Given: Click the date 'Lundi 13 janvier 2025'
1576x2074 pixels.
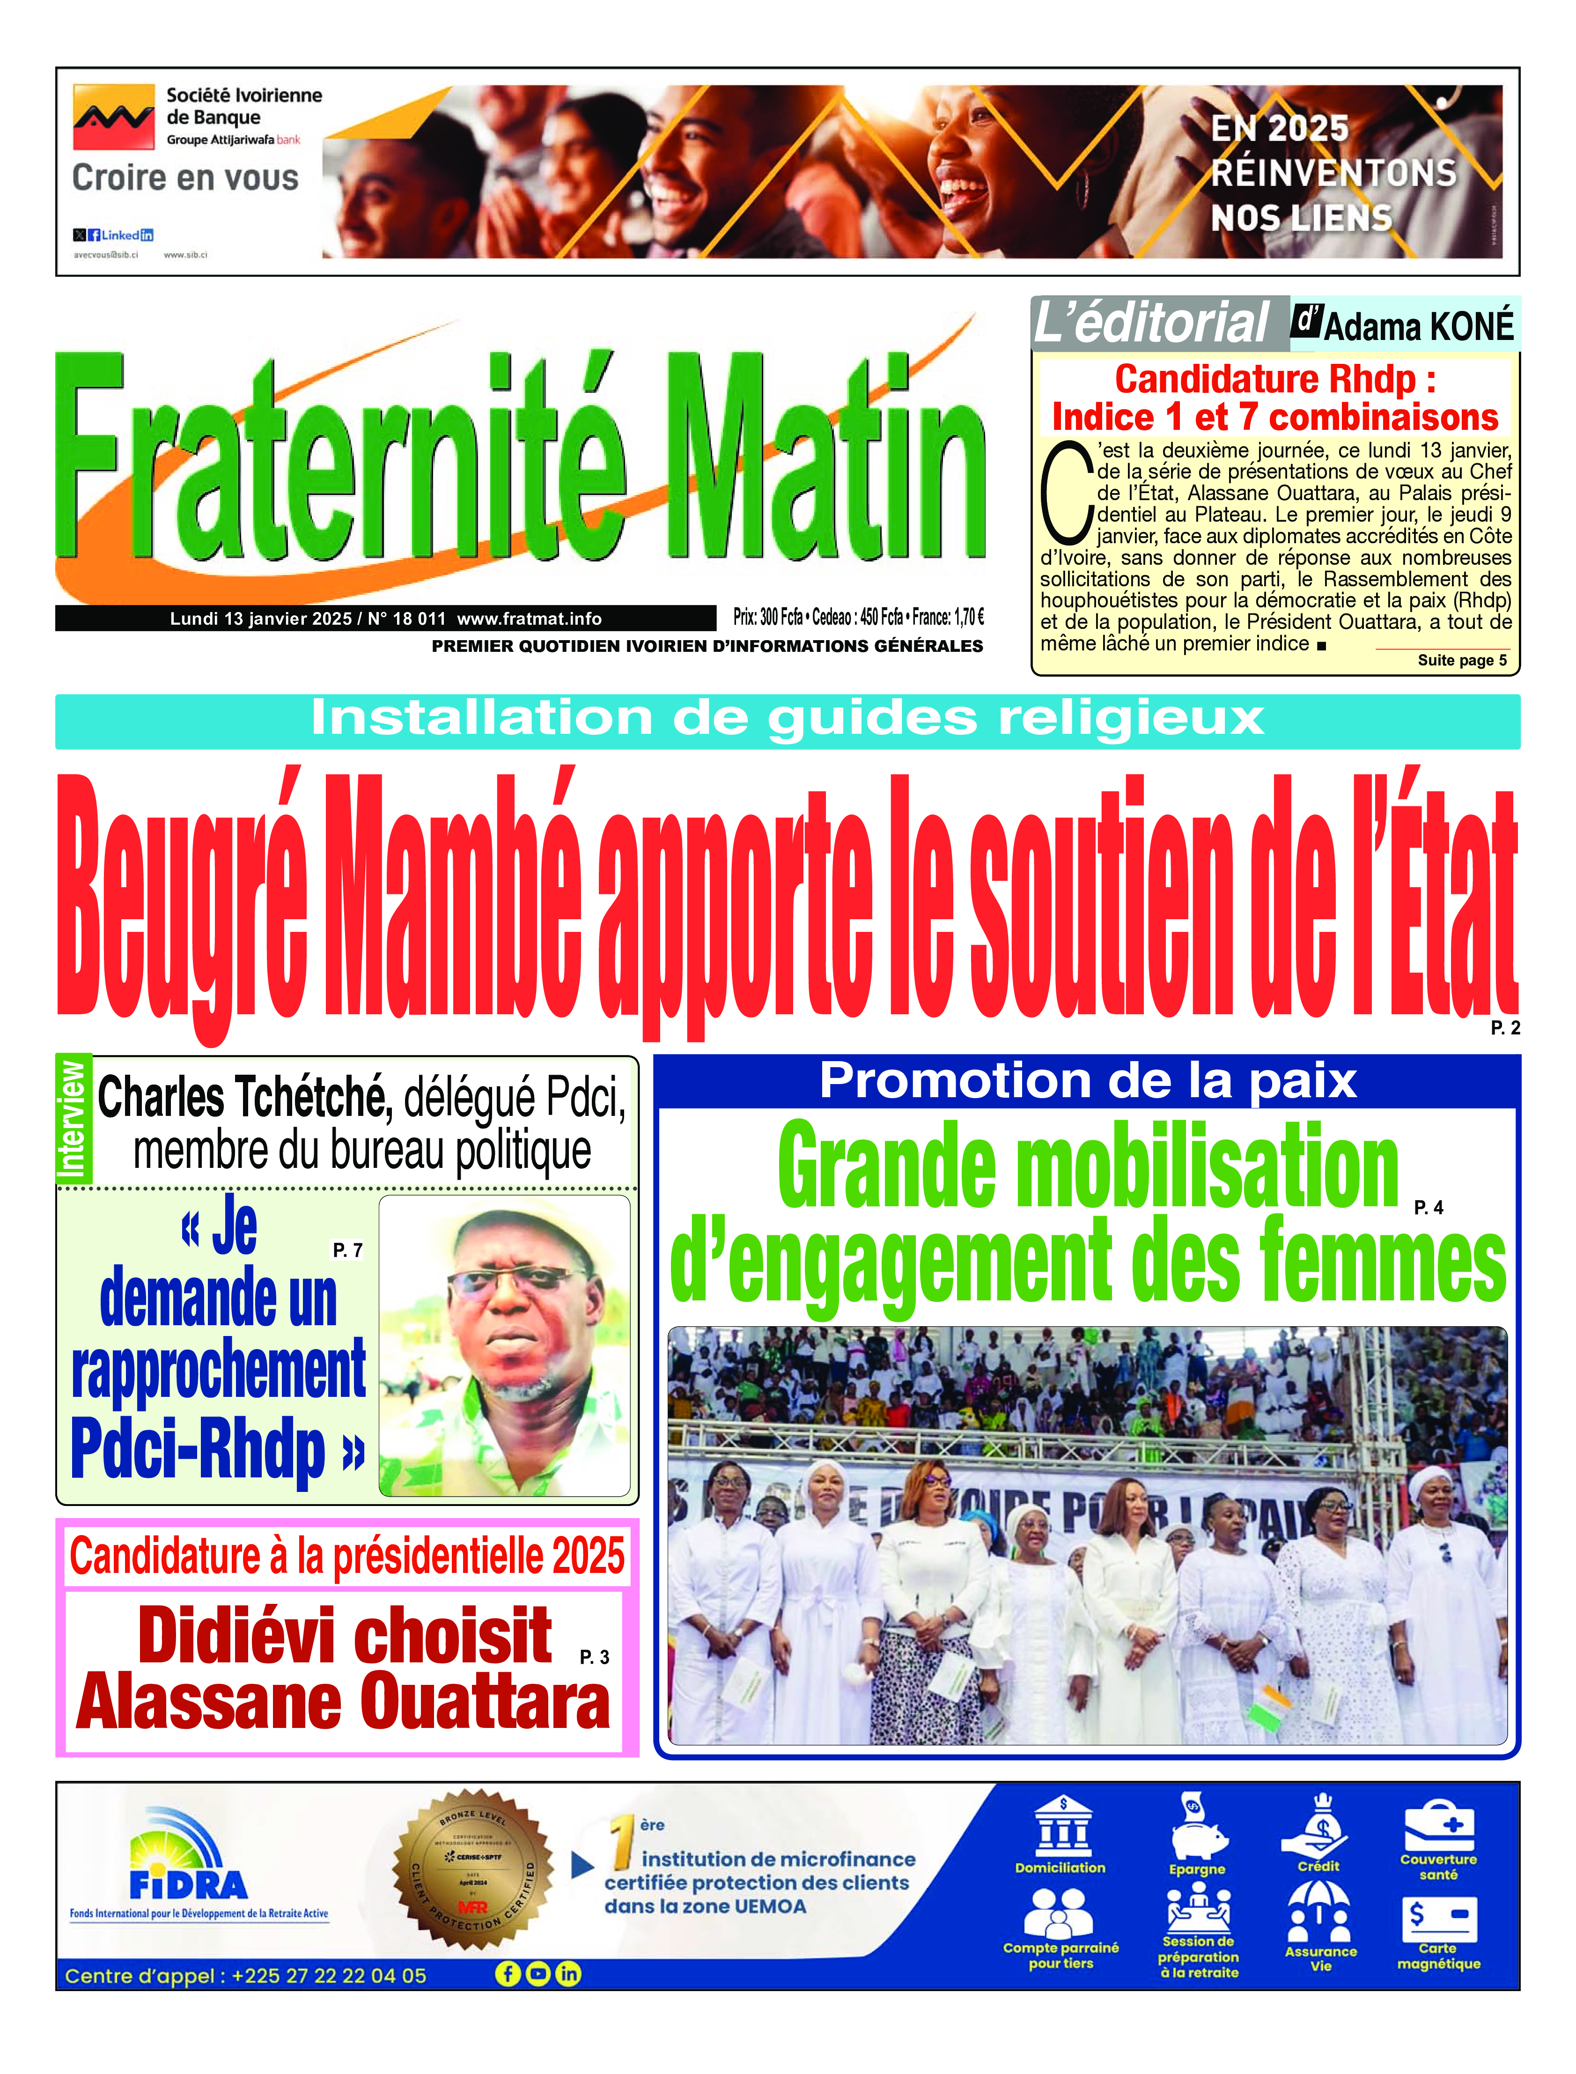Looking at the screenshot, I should [x=260, y=618].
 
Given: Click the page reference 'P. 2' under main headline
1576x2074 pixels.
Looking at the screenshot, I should [x=1505, y=1028].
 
